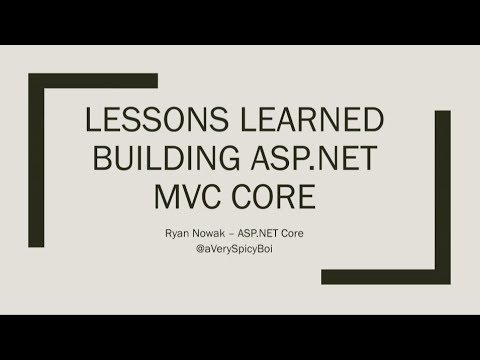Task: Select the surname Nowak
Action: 217,227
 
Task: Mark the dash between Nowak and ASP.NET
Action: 245,227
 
